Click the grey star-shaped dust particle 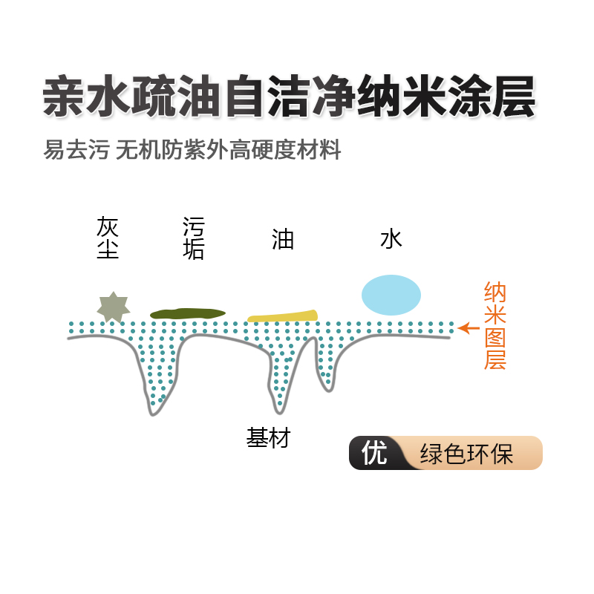pos(114,307)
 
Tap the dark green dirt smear pos(187,314)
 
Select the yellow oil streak pos(282,316)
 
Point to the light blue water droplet pos(391,295)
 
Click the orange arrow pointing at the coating pos(467,327)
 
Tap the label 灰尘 pos(108,238)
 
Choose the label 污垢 pos(193,238)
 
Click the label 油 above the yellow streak pos(283,239)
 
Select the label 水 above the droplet pos(391,239)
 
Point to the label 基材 pos(268,438)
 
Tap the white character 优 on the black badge pos(374,453)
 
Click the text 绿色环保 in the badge pos(467,454)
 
